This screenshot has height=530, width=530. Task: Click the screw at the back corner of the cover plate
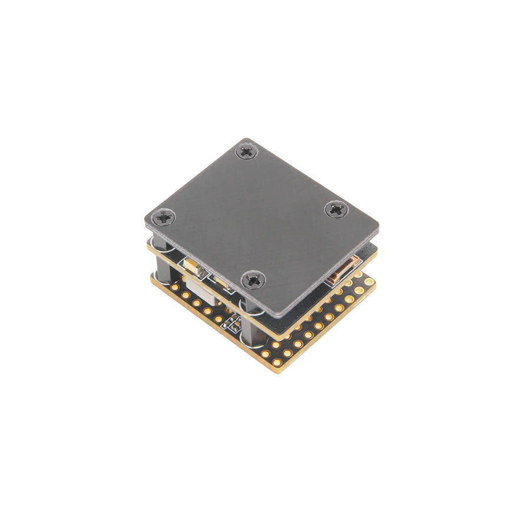[x=246, y=151]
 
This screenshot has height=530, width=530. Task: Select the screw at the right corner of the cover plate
[x=336, y=208]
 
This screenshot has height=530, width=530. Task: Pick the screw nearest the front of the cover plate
[x=254, y=279]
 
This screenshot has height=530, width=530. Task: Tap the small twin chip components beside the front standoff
[x=232, y=322]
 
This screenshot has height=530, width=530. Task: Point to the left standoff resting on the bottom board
[x=161, y=268]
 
